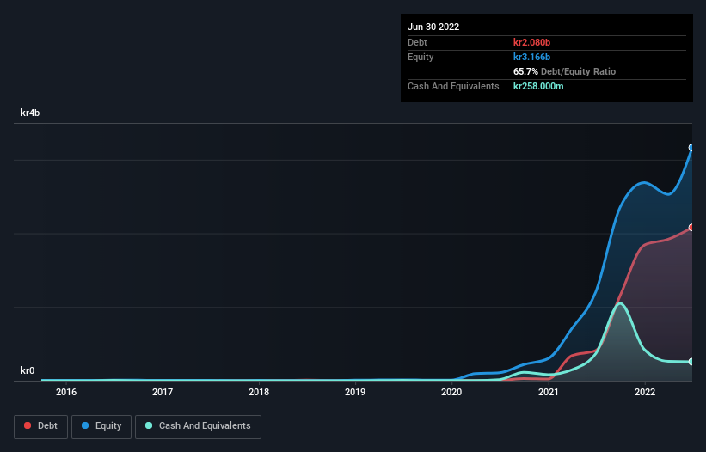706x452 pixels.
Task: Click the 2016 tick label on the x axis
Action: click(65, 393)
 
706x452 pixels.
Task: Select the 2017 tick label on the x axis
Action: click(162, 393)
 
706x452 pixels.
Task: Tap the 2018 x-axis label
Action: click(259, 393)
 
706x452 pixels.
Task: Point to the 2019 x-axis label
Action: click(355, 393)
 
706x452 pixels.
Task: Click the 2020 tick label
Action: click(451, 393)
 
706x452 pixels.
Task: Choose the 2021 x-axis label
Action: click(549, 393)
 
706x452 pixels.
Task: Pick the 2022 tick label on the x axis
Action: click(645, 393)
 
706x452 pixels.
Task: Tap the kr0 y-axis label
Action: click(28, 371)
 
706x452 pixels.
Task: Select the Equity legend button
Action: click(101, 426)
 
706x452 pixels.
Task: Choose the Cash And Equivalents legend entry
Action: click(198, 426)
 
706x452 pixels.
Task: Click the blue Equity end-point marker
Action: click(691, 148)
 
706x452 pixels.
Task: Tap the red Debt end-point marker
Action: click(691, 228)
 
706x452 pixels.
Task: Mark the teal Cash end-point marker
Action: click(691, 362)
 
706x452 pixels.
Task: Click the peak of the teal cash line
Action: click(619, 303)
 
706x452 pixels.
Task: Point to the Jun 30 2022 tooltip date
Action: click(433, 27)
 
